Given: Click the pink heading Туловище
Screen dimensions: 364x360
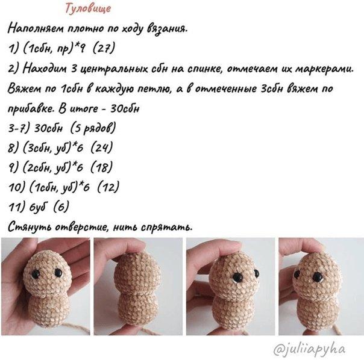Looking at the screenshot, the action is coord(88,9).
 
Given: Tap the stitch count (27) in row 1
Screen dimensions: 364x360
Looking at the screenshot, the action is coord(104,49).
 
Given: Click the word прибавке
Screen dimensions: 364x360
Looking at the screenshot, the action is coord(30,108).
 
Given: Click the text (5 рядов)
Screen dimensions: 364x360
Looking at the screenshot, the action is coord(93,128).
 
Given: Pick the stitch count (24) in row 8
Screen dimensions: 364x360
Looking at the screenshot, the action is coord(101,147).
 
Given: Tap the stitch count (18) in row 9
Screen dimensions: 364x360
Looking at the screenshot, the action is coord(101,167).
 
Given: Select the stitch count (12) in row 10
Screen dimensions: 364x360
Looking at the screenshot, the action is coord(108,187).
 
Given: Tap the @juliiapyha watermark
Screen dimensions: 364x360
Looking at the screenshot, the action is coord(309,349).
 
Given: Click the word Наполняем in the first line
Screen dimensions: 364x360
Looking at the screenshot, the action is coord(36,29).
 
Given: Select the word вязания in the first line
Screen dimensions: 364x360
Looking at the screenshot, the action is coord(167,29).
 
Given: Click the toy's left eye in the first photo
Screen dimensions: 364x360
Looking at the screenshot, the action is coord(36,275).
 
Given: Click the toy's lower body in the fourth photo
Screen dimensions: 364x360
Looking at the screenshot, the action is coord(316,315).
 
